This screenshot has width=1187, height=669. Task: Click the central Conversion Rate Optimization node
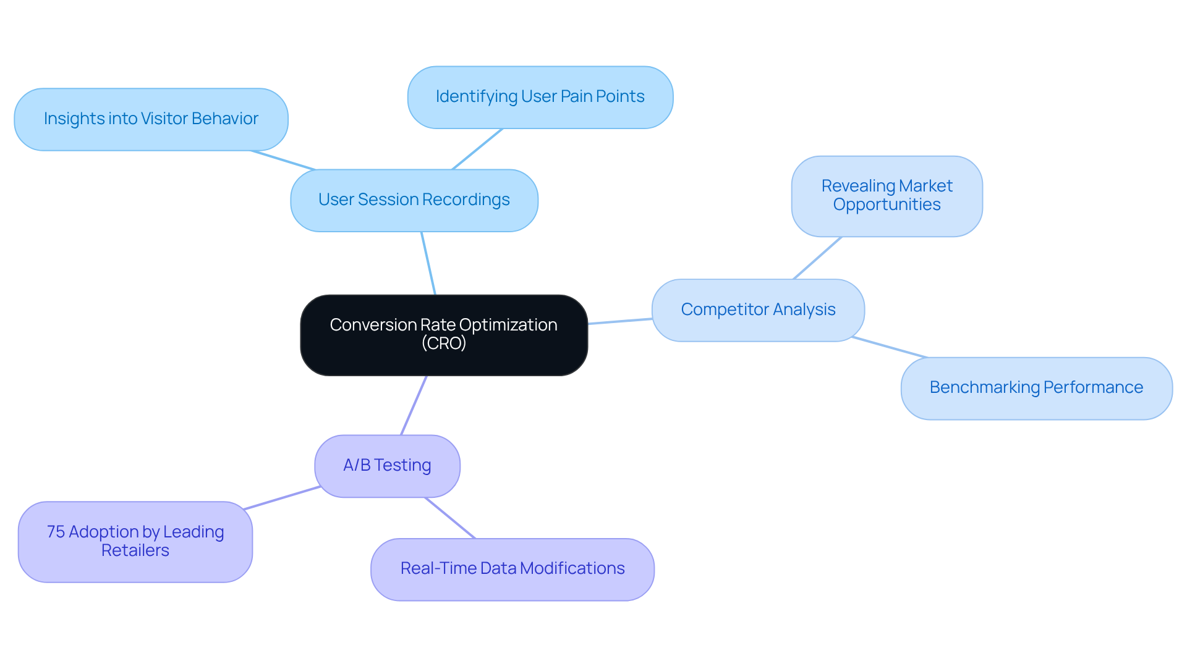coord(443,334)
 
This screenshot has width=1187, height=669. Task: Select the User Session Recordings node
coord(414,200)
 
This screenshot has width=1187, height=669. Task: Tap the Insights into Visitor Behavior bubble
coord(151,119)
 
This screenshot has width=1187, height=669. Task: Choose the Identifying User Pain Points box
coord(540,97)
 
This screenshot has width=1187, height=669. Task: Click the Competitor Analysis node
coord(757,309)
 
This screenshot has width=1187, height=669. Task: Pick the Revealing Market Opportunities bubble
coord(886,196)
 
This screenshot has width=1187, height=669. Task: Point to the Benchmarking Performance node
coord(1036,388)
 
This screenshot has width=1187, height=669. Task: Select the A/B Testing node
coord(387,465)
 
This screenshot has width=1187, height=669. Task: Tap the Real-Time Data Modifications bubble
coord(512,569)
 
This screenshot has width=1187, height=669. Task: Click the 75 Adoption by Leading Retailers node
coord(135,541)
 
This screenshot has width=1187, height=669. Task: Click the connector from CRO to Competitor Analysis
coord(619,321)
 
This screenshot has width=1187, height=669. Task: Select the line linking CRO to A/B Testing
coord(414,405)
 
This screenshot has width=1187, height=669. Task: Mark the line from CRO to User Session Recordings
coord(428,264)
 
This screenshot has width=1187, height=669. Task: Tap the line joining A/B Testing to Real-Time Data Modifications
coord(450,518)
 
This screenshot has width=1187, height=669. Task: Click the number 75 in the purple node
coord(56,532)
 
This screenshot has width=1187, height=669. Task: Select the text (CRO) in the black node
coord(443,343)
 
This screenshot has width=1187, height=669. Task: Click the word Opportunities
coord(886,205)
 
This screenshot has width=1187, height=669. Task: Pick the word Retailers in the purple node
coord(135,550)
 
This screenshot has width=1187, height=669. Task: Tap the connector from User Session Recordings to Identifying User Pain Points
coord(477,149)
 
